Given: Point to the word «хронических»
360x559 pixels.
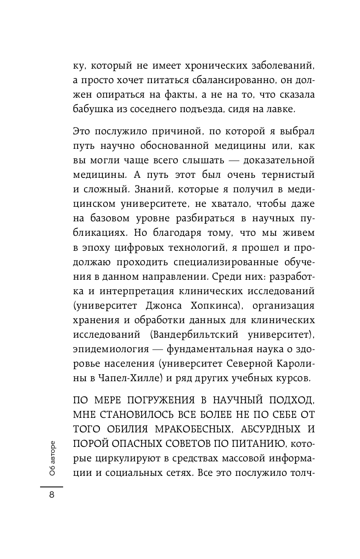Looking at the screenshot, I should pos(205,66).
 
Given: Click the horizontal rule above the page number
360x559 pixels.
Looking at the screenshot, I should pos(52,487).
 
